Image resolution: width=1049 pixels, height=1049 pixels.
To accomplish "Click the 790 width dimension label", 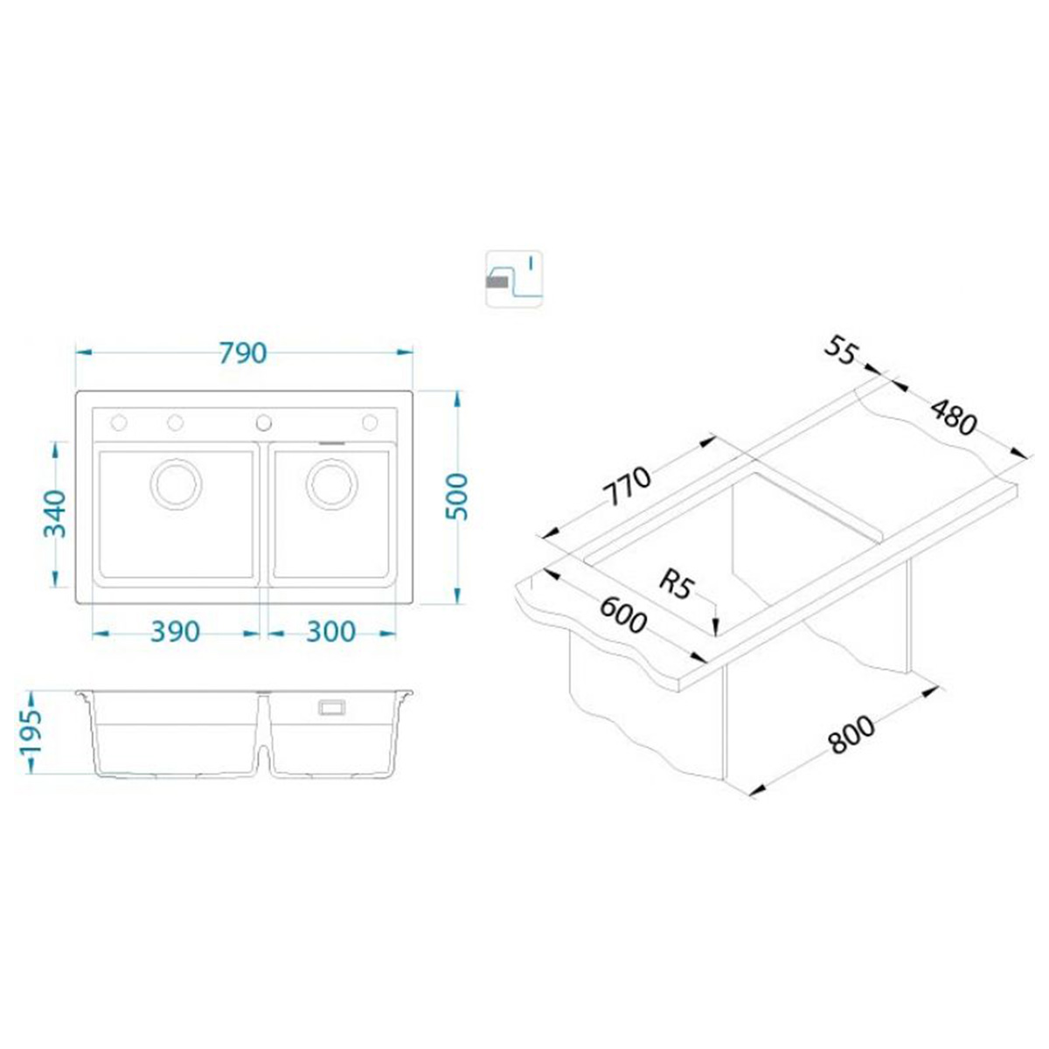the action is click(243, 353).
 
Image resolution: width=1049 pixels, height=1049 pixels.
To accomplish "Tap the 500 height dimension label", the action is click(456, 497).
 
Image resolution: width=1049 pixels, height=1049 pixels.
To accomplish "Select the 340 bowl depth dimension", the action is click(54, 514).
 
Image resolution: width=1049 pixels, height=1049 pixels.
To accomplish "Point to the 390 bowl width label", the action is click(176, 632).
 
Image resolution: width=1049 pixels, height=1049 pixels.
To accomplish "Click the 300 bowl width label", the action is click(331, 632).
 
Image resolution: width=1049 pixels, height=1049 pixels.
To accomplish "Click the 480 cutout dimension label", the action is click(953, 417).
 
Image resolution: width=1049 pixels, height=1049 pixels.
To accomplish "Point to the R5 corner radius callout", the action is click(677, 585).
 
